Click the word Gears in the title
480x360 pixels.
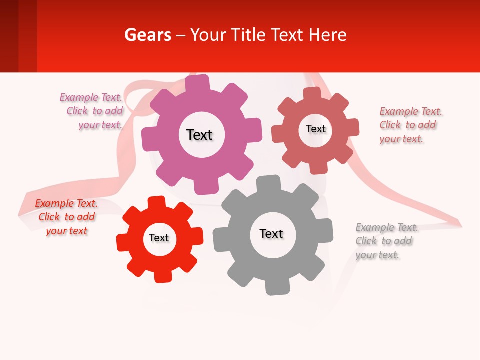click(x=147, y=35)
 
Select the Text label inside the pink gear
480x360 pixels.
click(x=199, y=135)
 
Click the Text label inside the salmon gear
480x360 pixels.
click(x=315, y=129)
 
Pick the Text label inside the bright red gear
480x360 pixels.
click(x=159, y=238)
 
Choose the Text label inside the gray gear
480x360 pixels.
click(x=271, y=233)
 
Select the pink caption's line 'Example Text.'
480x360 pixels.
click(x=91, y=97)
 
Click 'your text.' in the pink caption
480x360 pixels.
click(x=100, y=125)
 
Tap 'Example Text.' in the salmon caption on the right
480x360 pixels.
click(x=411, y=111)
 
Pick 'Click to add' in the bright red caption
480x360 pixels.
click(x=67, y=217)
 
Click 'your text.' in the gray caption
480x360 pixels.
click(x=378, y=255)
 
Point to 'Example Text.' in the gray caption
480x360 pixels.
click(x=387, y=227)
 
